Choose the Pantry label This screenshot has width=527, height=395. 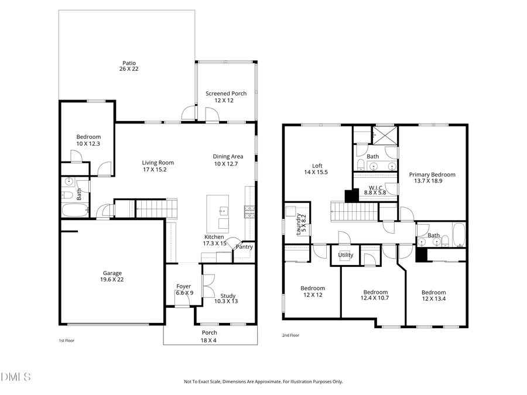244,246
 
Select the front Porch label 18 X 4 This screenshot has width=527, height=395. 210,336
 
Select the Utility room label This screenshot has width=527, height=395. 345,255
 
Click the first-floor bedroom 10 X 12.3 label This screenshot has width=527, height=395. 88,140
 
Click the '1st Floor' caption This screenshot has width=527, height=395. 66,340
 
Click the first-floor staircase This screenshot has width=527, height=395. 155,207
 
